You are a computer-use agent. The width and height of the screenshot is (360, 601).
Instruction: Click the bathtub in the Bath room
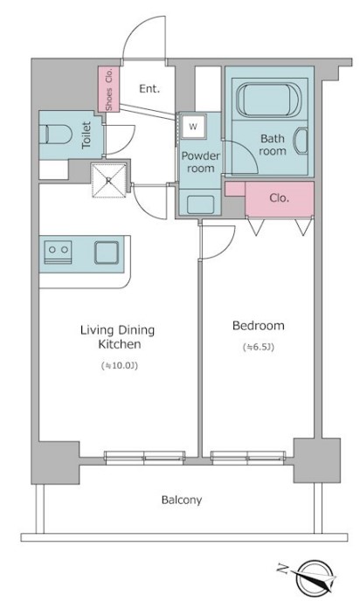click(268, 99)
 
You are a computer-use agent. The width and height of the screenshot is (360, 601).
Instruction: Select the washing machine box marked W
click(194, 126)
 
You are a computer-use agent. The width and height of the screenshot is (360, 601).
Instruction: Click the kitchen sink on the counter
click(107, 252)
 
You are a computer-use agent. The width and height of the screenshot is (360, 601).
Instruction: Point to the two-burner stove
click(59, 252)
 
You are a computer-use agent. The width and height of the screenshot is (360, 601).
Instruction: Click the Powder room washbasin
click(200, 204)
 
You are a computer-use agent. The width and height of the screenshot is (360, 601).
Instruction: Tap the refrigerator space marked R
click(109, 180)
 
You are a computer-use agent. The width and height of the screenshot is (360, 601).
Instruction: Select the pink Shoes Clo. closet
click(108, 89)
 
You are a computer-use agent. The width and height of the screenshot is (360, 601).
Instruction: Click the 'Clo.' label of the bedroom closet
click(279, 198)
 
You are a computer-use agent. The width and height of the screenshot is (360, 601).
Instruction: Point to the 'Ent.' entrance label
click(149, 89)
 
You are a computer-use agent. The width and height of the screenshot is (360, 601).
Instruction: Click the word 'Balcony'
click(182, 500)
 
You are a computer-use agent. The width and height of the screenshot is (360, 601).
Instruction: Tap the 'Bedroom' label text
click(259, 326)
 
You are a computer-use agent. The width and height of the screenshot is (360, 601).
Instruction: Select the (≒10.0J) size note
click(119, 365)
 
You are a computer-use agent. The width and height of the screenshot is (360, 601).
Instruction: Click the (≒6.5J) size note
click(259, 348)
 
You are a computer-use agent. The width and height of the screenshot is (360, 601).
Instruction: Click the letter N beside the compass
click(282, 569)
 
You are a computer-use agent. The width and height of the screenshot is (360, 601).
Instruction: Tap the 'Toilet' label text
click(87, 135)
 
